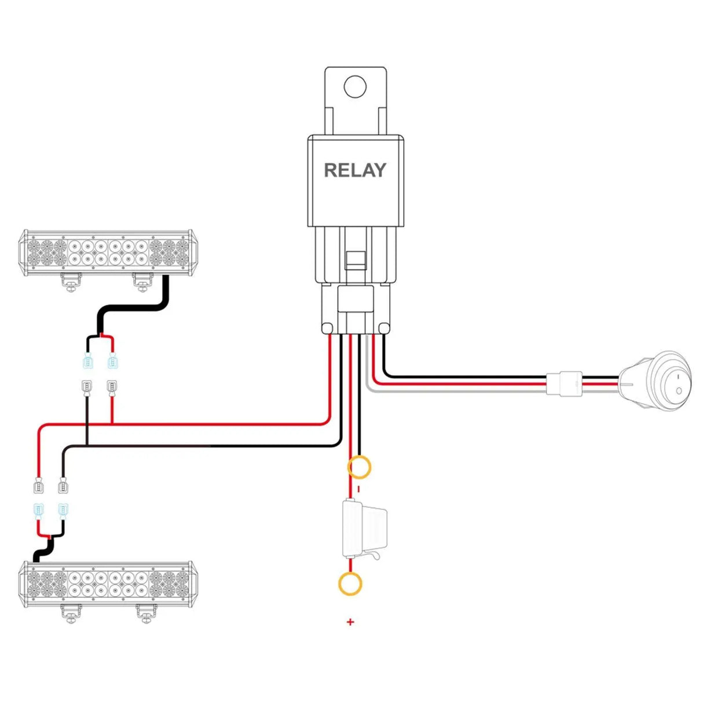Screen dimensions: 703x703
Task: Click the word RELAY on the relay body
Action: [354, 170]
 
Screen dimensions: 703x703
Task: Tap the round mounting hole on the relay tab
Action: [355, 87]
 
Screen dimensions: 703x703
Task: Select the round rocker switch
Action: [654, 382]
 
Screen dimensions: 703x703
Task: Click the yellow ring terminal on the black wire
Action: [359, 467]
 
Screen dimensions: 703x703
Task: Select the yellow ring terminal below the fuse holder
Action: [350, 584]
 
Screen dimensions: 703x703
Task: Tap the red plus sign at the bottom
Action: [350, 623]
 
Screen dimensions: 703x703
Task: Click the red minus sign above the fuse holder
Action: [358, 489]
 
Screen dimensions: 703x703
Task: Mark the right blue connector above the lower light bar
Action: [63, 511]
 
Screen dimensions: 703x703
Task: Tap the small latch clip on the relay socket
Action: [354, 259]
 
